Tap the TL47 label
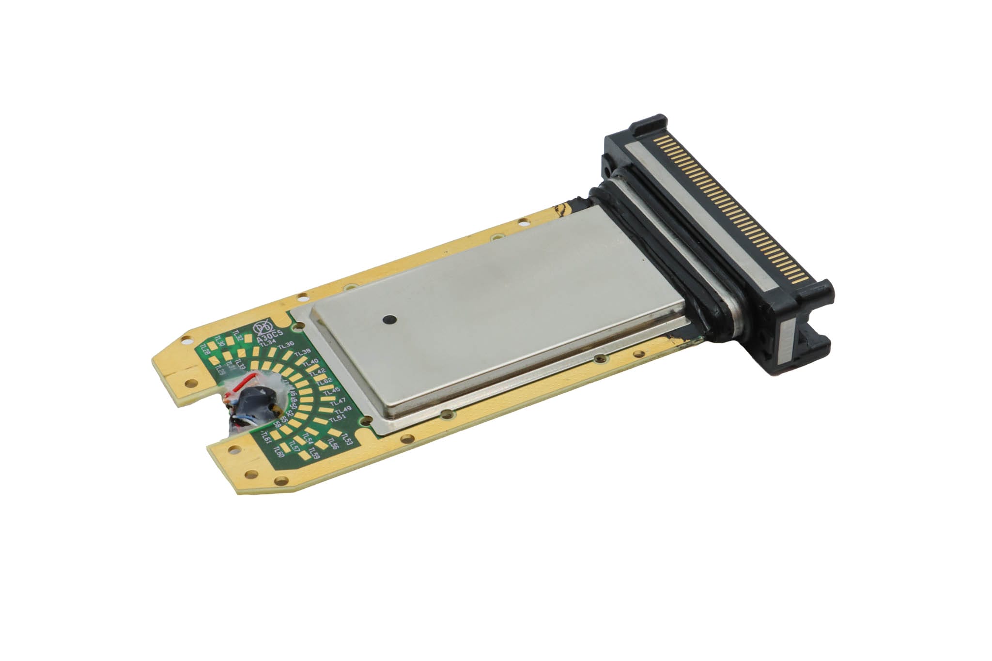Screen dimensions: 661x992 click(338, 402)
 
